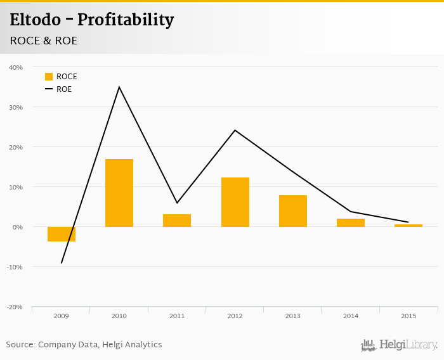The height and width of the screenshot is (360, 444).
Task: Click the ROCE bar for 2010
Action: (119, 193)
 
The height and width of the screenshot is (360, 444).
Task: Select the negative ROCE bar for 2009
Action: (62, 234)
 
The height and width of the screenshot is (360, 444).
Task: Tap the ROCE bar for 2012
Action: (235, 202)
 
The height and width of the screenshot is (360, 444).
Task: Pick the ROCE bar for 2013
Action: (293, 211)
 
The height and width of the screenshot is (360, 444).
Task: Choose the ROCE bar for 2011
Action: (177, 221)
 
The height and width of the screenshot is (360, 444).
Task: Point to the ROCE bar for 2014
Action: (351, 222)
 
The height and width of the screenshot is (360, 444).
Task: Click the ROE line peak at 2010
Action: (119, 87)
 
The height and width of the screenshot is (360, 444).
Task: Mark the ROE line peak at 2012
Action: (235, 131)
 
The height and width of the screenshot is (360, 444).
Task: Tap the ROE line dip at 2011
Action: (177, 203)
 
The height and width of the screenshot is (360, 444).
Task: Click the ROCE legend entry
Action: (61, 77)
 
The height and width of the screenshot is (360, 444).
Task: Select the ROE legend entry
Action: (59, 89)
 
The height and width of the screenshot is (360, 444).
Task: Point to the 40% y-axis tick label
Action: (16, 67)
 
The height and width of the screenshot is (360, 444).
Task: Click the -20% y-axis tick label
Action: (15, 307)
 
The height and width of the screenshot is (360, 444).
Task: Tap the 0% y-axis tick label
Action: (17, 227)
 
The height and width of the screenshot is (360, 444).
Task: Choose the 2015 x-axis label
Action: (408, 316)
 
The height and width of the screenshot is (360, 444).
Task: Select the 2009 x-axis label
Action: (62, 316)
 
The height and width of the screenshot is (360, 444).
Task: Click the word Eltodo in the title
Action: (36, 20)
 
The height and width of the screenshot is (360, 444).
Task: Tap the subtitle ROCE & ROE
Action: (44, 41)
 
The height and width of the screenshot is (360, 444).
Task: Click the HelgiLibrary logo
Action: (399, 345)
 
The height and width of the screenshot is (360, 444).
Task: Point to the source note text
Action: (84, 345)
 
